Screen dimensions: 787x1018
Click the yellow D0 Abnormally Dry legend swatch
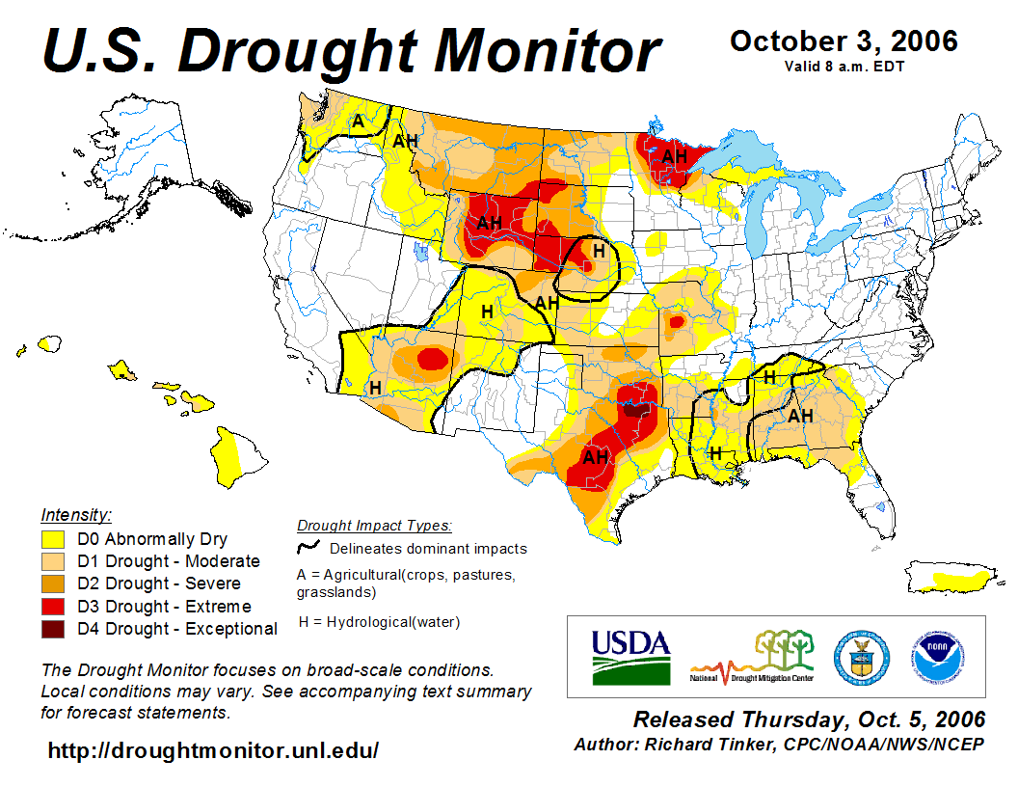tap(54, 539)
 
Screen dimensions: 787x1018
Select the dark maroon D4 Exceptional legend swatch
tap(54, 629)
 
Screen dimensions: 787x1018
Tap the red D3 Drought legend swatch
tap(54, 607)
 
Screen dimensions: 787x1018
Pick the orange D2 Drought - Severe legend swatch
tap(54, 584)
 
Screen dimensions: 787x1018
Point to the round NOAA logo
tap(932, 656)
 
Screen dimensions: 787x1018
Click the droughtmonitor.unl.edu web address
tap(213, 750)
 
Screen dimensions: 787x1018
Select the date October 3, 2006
tap(844, 41)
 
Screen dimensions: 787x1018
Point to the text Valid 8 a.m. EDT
tap(844, 67)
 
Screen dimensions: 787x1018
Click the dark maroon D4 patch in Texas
tap(633, 409)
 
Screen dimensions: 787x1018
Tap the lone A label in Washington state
tap(357, 122)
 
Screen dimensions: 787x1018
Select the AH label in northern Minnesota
tap(674, 156)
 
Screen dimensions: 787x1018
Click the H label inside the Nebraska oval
tap(598, 250)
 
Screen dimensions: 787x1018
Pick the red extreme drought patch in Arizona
tap(433, 360)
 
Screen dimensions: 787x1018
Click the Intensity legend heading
tap(76, 514)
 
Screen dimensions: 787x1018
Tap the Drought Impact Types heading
tap(374, 526)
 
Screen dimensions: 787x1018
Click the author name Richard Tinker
tap(711, 745)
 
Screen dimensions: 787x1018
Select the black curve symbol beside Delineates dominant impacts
tap(308, 548)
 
